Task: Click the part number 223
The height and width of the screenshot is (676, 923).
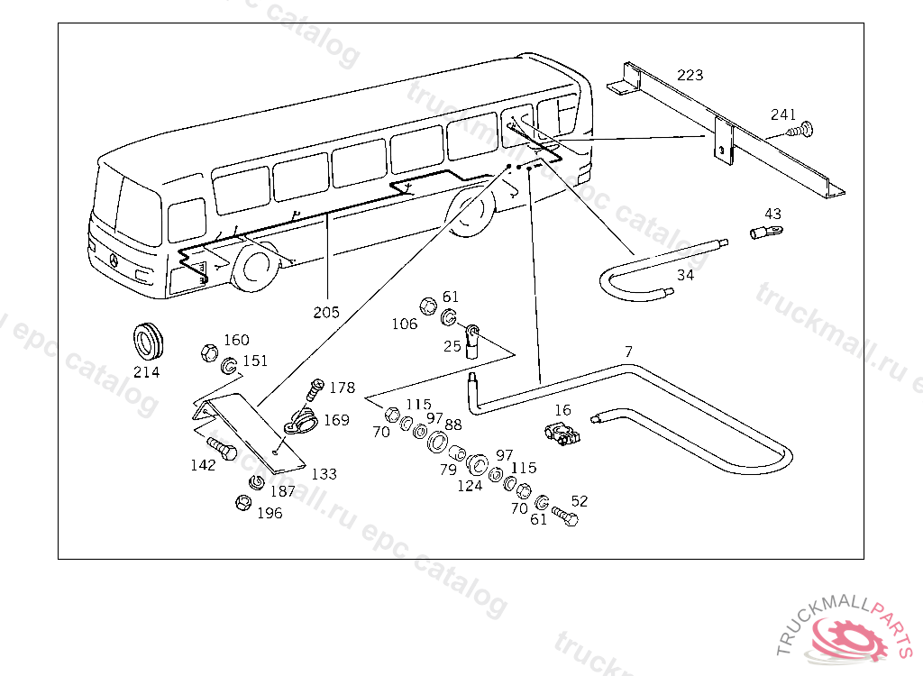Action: (x=690, y=75)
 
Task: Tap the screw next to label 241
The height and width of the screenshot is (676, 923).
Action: (x=800, y=130)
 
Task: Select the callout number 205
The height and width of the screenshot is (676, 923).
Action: (x=326, y=312)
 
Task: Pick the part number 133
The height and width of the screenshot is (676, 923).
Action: (x=324, y=473)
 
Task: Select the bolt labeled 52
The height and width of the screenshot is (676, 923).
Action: (x=564, y=516)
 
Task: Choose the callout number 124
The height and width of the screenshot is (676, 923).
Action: (x=470, y=485)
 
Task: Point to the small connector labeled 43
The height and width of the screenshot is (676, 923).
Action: (x=763, y=233)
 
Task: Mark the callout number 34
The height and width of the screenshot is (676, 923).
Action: (x=685, y=275)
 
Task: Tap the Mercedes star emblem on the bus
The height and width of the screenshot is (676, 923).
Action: (x=114, y=260)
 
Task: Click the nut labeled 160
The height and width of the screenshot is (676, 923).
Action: (x=207, y=349)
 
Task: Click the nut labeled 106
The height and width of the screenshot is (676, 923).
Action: (x=428, y=304)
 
